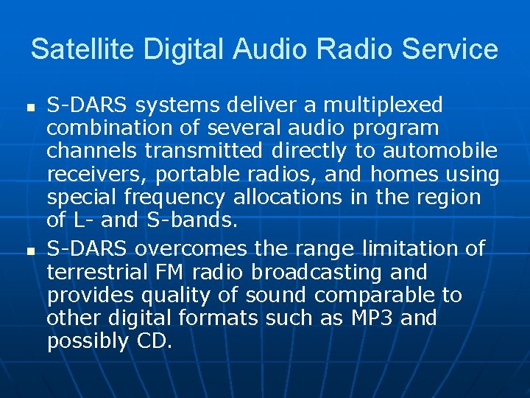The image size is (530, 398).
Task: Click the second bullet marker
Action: point(30,252)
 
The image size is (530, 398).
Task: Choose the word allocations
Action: point(288,198)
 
